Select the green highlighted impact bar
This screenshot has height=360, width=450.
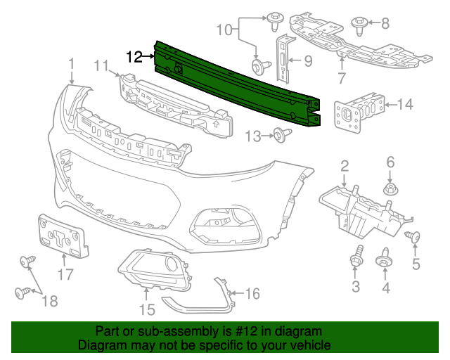click(x=239, y=84)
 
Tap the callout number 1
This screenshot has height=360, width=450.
click(x=71, y=65)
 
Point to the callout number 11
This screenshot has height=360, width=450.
click(x=101, y=66)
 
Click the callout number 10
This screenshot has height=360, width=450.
click(x=223, y=30)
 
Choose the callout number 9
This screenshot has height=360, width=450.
click(x=307, y=61)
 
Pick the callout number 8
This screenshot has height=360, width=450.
click(x=385, y=23)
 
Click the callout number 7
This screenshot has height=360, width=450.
click(x=341, y=76)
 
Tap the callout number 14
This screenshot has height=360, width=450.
click(x=405, y=105)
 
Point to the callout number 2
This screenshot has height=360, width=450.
click(x=345, y=166)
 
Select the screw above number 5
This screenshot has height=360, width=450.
click(x=413, y=238)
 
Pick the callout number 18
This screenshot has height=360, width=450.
click(x=49, y=301)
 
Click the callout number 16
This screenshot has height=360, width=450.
click(x=251, y=292)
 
